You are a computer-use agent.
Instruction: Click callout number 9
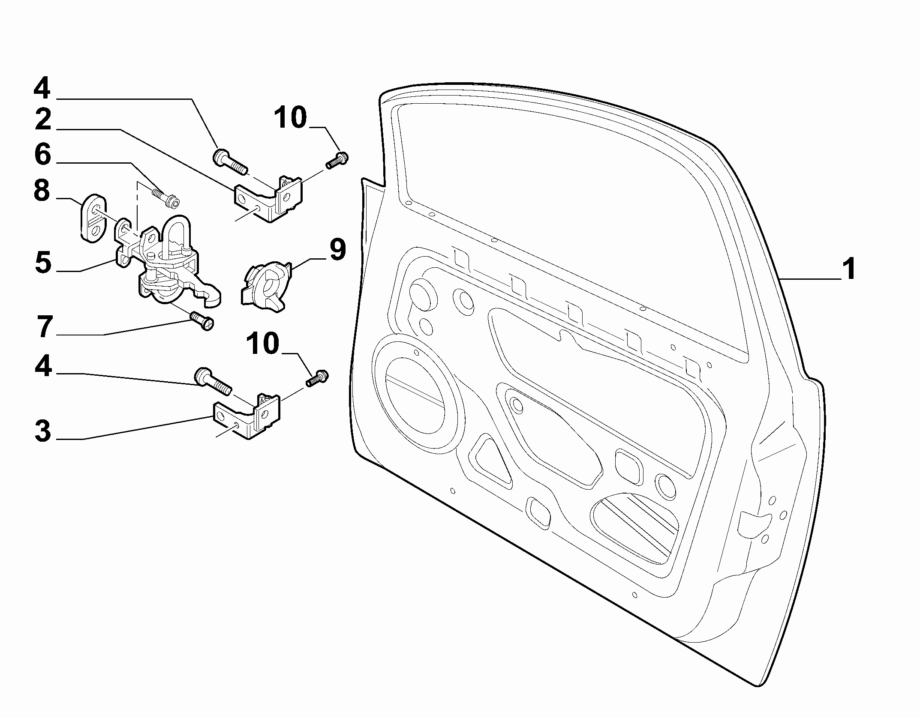coord(338,250)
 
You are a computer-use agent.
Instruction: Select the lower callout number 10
coord(262,344)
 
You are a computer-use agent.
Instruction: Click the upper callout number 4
coord(42,89)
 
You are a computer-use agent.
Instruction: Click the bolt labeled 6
coord(165,197)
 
